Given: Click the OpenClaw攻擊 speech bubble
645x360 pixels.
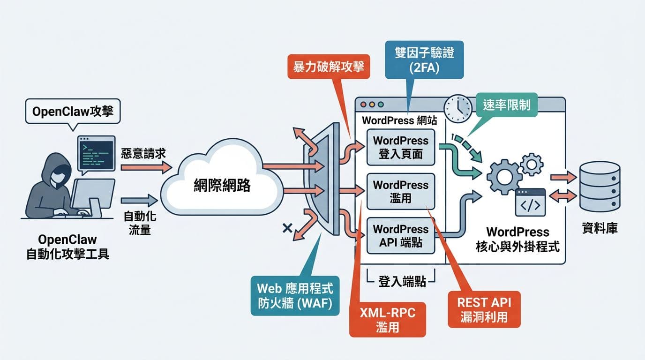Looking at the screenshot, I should click(x=73, y=111).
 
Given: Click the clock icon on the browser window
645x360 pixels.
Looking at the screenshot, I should click(x=458, y=109).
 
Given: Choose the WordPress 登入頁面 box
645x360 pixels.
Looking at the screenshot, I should click(x=400, y=147).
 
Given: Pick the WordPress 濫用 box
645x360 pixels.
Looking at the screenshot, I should click(x=400, y=191).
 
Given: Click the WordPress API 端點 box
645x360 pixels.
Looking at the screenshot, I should click(x=400, y=236).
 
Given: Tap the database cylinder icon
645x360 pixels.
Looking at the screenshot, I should click(x=600, y=187).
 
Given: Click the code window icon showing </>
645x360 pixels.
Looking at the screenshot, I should click(x=530, y=202).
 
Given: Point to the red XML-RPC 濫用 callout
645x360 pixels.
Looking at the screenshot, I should click(x=388, y=320).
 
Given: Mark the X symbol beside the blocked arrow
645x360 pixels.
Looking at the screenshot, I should click(x=287, y=228).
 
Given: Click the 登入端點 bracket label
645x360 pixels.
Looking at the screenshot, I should click(x=401, y=282).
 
